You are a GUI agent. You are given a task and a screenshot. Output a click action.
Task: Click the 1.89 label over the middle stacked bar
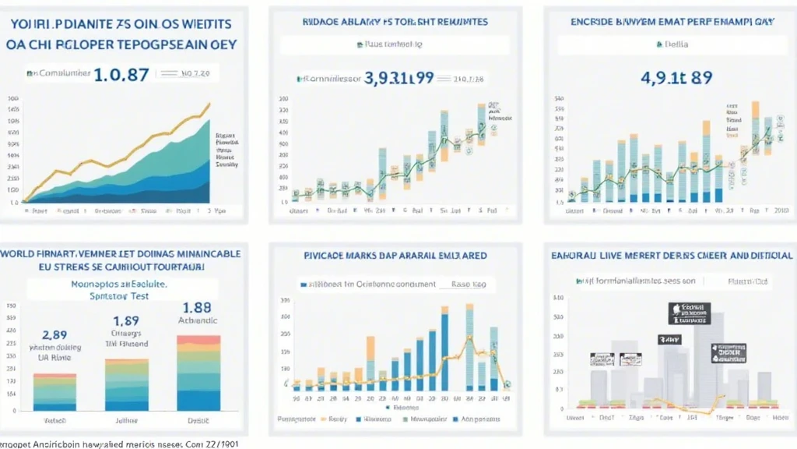(126, 320)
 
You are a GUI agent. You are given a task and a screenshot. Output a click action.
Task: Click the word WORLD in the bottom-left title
(20, 254)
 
